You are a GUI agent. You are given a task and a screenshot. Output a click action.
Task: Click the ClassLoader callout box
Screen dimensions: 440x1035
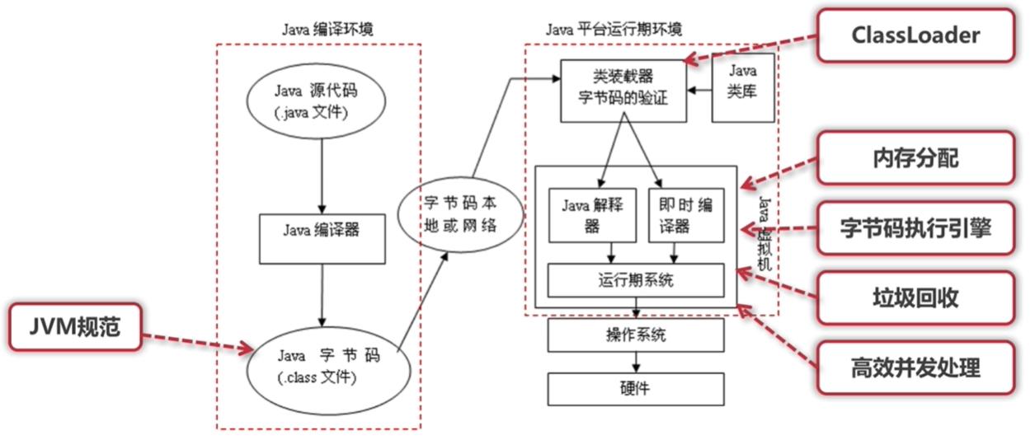click(915, 35)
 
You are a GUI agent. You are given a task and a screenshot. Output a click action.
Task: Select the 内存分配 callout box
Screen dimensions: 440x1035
click(915, 158)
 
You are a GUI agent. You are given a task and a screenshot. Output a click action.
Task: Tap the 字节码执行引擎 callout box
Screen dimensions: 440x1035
click(915, 227)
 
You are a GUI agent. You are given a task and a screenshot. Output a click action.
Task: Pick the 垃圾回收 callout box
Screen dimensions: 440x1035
click(915, 297)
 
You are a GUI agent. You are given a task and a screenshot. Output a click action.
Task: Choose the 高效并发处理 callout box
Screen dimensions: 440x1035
click(915, 367)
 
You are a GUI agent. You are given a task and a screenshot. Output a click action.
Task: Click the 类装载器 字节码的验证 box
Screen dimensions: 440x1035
click(623, 91)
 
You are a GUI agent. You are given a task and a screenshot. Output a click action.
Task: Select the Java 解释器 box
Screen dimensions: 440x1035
click(591, 215)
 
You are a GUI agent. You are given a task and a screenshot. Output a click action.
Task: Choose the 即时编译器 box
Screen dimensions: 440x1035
click(680, 215)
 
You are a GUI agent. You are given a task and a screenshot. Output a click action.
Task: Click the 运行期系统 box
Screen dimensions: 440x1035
click(636, 280)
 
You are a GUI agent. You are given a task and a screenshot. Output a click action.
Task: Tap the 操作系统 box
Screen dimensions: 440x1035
click(636, 335)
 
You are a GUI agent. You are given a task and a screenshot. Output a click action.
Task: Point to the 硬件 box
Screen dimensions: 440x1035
click(636, 389)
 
